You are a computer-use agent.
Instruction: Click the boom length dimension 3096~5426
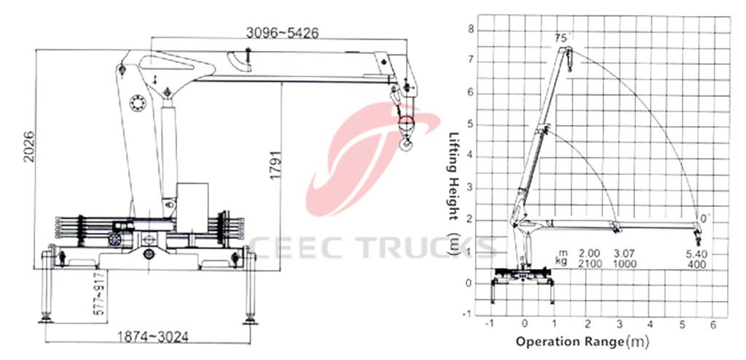pos(281,33)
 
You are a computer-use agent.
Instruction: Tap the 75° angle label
pos(560,37)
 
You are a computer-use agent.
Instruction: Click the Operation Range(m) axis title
pos(582,341)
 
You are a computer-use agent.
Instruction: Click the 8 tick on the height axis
pos(471,30)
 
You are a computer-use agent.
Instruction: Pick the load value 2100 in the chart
pos(589,263)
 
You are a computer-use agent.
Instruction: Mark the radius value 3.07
pos(624,253)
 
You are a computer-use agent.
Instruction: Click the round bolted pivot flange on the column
pos(138,103)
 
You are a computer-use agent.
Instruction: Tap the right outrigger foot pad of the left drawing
pos(250,319)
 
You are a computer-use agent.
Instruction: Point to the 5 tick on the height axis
pos(471,125)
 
